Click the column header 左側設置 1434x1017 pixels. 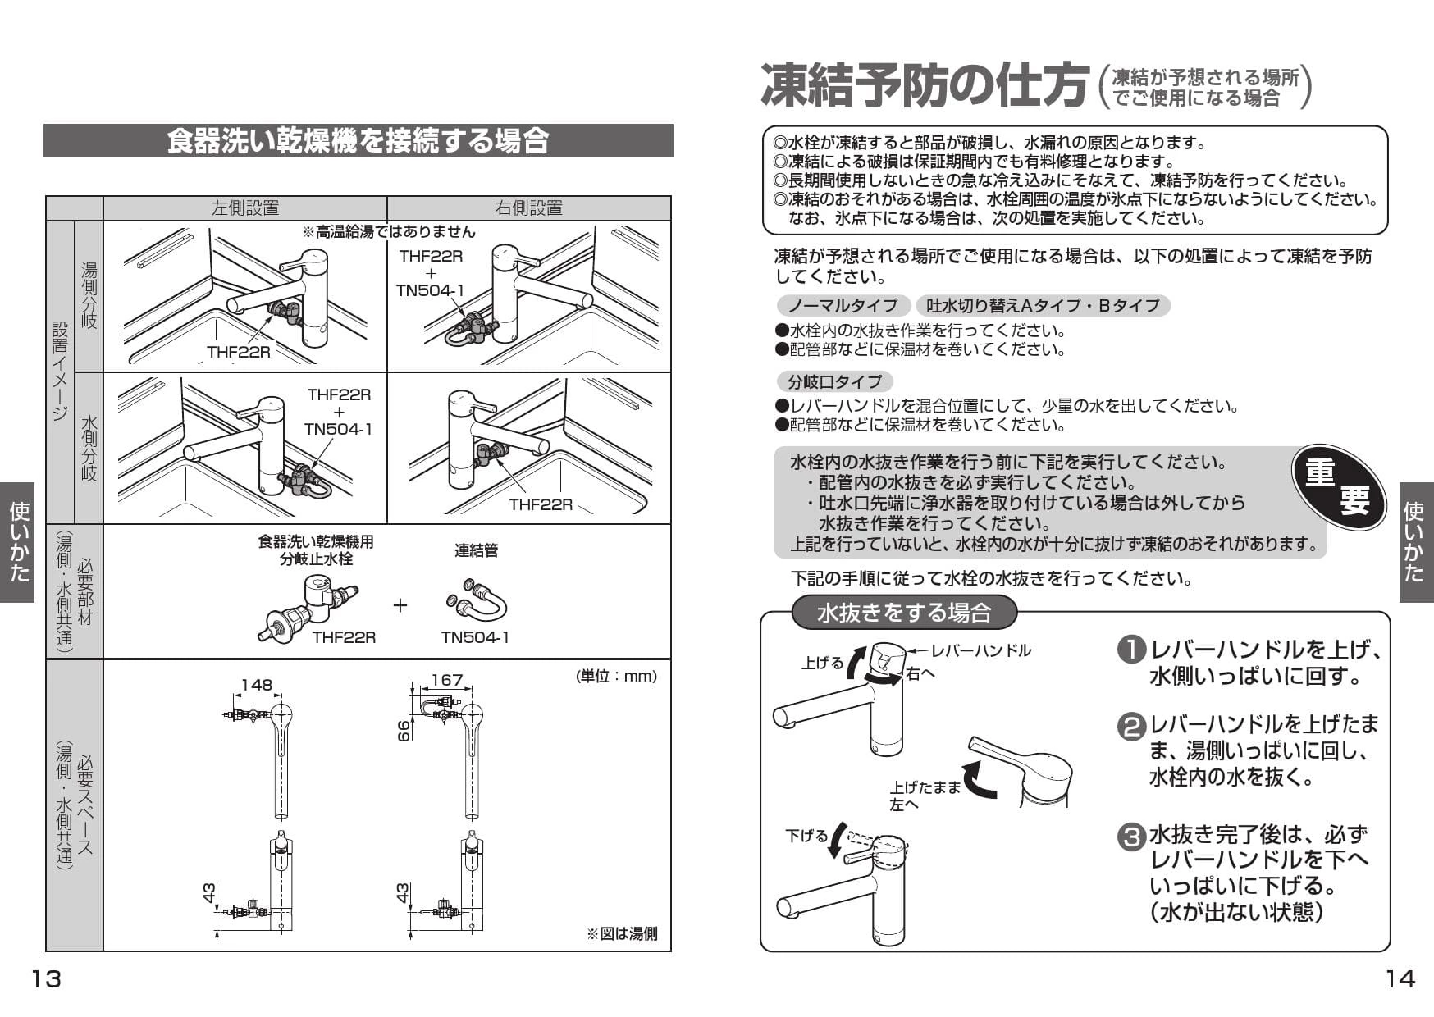click(244, 208)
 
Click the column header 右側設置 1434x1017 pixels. click(528, 208)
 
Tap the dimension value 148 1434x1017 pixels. click(256, 685)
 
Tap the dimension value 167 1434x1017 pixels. click(446, 681)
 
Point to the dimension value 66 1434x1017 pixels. click(404, 732)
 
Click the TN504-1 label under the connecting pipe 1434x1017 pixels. click(475, 637)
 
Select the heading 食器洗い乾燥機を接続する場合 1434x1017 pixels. click(358, 141)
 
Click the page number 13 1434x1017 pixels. click(46, 978)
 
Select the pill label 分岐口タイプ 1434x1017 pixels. click(834, 381)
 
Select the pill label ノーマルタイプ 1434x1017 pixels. click(843, 306)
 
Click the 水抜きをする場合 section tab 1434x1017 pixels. click(904, 613)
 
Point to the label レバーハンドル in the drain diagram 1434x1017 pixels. click(980, 650)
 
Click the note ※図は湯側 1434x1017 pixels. click(621, 933)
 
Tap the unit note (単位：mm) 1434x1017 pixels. click(616, 676)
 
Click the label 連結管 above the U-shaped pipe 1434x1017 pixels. click(476, 550)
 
